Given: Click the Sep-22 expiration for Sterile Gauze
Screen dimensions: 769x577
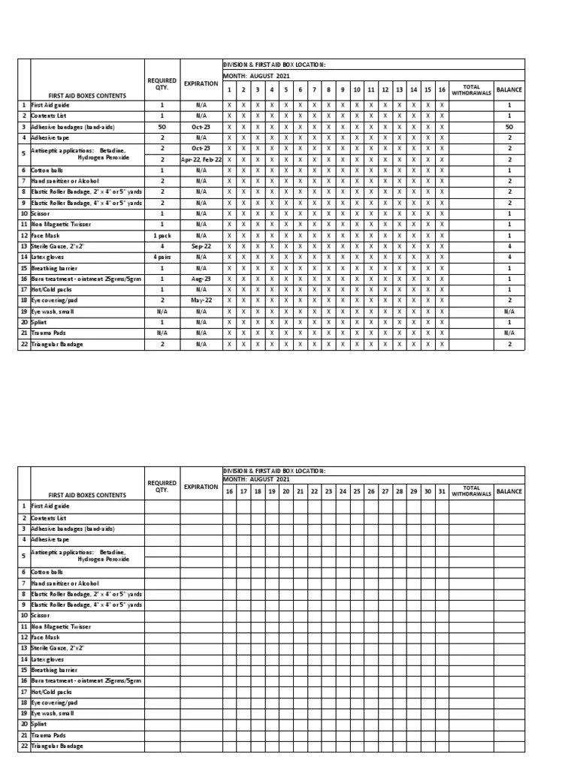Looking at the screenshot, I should click(x=201, y=246).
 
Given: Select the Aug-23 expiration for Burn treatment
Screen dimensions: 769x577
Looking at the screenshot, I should click(x=201, y=279).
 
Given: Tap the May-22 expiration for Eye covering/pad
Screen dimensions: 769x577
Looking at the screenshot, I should click(x=201, y=300).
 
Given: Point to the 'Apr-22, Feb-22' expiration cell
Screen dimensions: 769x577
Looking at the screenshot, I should click(x=201, y=159).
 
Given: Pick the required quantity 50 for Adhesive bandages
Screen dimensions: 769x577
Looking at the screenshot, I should click(x=162, y=127).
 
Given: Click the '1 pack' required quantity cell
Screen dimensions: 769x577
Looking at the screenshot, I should click(x=162, y=235).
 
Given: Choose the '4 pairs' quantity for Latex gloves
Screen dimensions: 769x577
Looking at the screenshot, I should click(x=162, y=257).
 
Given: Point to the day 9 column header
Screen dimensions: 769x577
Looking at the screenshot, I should click(x=343, y=89).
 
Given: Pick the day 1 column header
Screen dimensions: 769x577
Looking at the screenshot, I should click(x=229, y=89).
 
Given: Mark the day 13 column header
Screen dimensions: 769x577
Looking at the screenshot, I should click(x=400, y=89).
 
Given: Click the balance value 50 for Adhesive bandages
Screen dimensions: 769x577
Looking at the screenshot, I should click(x=509, y=127).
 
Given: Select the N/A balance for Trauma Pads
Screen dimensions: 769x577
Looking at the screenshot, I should click(x=509, y=333).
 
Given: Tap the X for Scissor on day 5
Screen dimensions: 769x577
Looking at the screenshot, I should click(x=285, y=213).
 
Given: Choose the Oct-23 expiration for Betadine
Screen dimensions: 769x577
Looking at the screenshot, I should click(x=201, y=149).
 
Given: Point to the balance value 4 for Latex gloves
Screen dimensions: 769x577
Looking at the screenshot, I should click(x=509, y=257).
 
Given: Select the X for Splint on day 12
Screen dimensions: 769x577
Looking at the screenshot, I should click(x=385, y=321).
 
